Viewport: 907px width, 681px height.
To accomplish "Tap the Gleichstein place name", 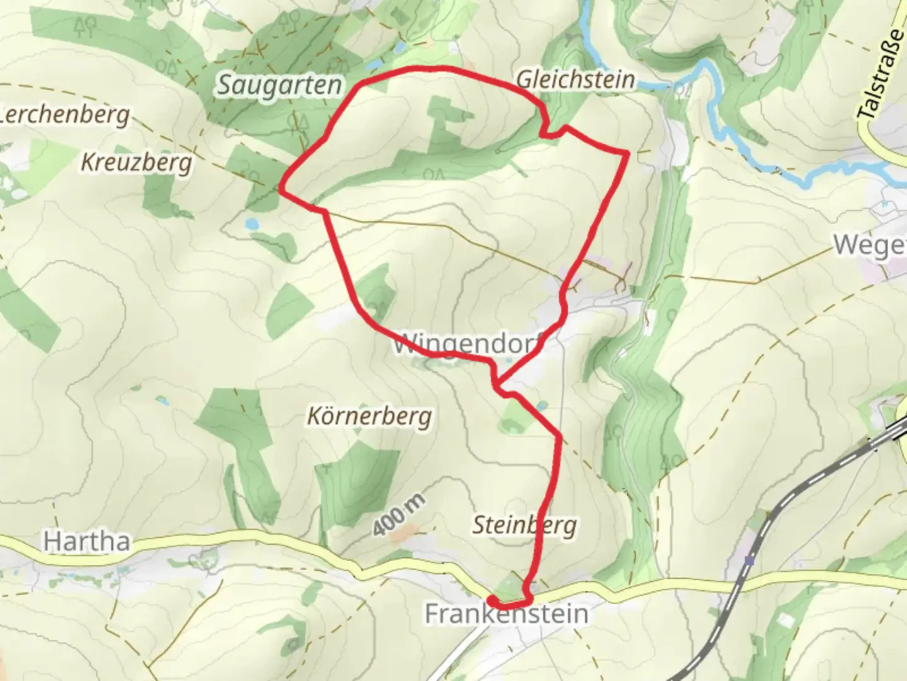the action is pyautogui.click(x=575, y=80).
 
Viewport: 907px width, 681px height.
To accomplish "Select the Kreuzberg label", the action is pyautogui.click(x=136, y=163).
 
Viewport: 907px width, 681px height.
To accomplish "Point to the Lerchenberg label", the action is pyautogui.click(x=66, y=115).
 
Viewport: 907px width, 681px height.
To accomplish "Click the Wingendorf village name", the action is pyautogui.click(x=467, y=346).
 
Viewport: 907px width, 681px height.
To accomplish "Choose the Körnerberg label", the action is pyautogui.click(x=370, y=416).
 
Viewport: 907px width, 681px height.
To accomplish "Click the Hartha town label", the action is pyautogui.click(x=87, y=541).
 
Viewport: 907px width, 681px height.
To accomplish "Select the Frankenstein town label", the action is pyautogui.click(x=506, y=614).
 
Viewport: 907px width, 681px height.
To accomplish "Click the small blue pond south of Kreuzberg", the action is pyautogui.click(x=251, y=223).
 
